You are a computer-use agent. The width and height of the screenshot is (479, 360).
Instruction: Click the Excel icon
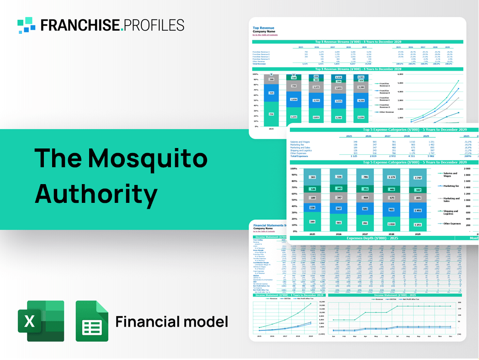point(41,321)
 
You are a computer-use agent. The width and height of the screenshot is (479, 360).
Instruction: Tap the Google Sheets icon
point(92,321)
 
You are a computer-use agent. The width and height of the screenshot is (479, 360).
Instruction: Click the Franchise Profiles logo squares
point(27,25)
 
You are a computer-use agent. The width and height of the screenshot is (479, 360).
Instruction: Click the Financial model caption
point(171,322)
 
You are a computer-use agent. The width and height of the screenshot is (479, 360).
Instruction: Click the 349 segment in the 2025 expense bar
point(312,222)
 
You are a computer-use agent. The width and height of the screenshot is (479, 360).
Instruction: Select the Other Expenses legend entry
point(452,224)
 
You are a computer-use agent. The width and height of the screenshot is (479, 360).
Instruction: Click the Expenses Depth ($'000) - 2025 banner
point(372,238)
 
